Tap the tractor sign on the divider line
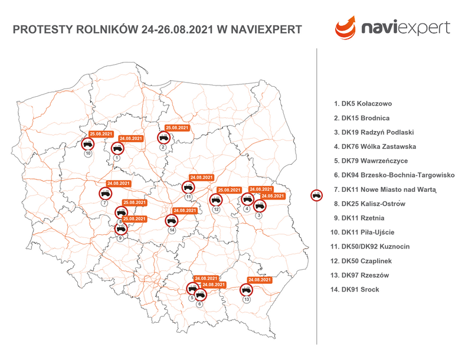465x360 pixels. coord(317,194)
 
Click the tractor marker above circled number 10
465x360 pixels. coord(87,143)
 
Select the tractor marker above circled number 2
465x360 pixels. coord(163,137)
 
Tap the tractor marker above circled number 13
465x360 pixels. coord(246,289)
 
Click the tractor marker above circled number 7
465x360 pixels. coord(104,192)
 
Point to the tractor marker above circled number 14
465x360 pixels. coord(171,220)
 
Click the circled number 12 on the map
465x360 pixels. coord(217,210)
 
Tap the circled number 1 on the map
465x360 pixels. coord(116,158)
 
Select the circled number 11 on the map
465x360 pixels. coord(188,197)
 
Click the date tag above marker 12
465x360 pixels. coord(229,190)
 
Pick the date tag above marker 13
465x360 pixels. coord(260,280)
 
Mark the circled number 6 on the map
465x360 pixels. coord(199,304)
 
